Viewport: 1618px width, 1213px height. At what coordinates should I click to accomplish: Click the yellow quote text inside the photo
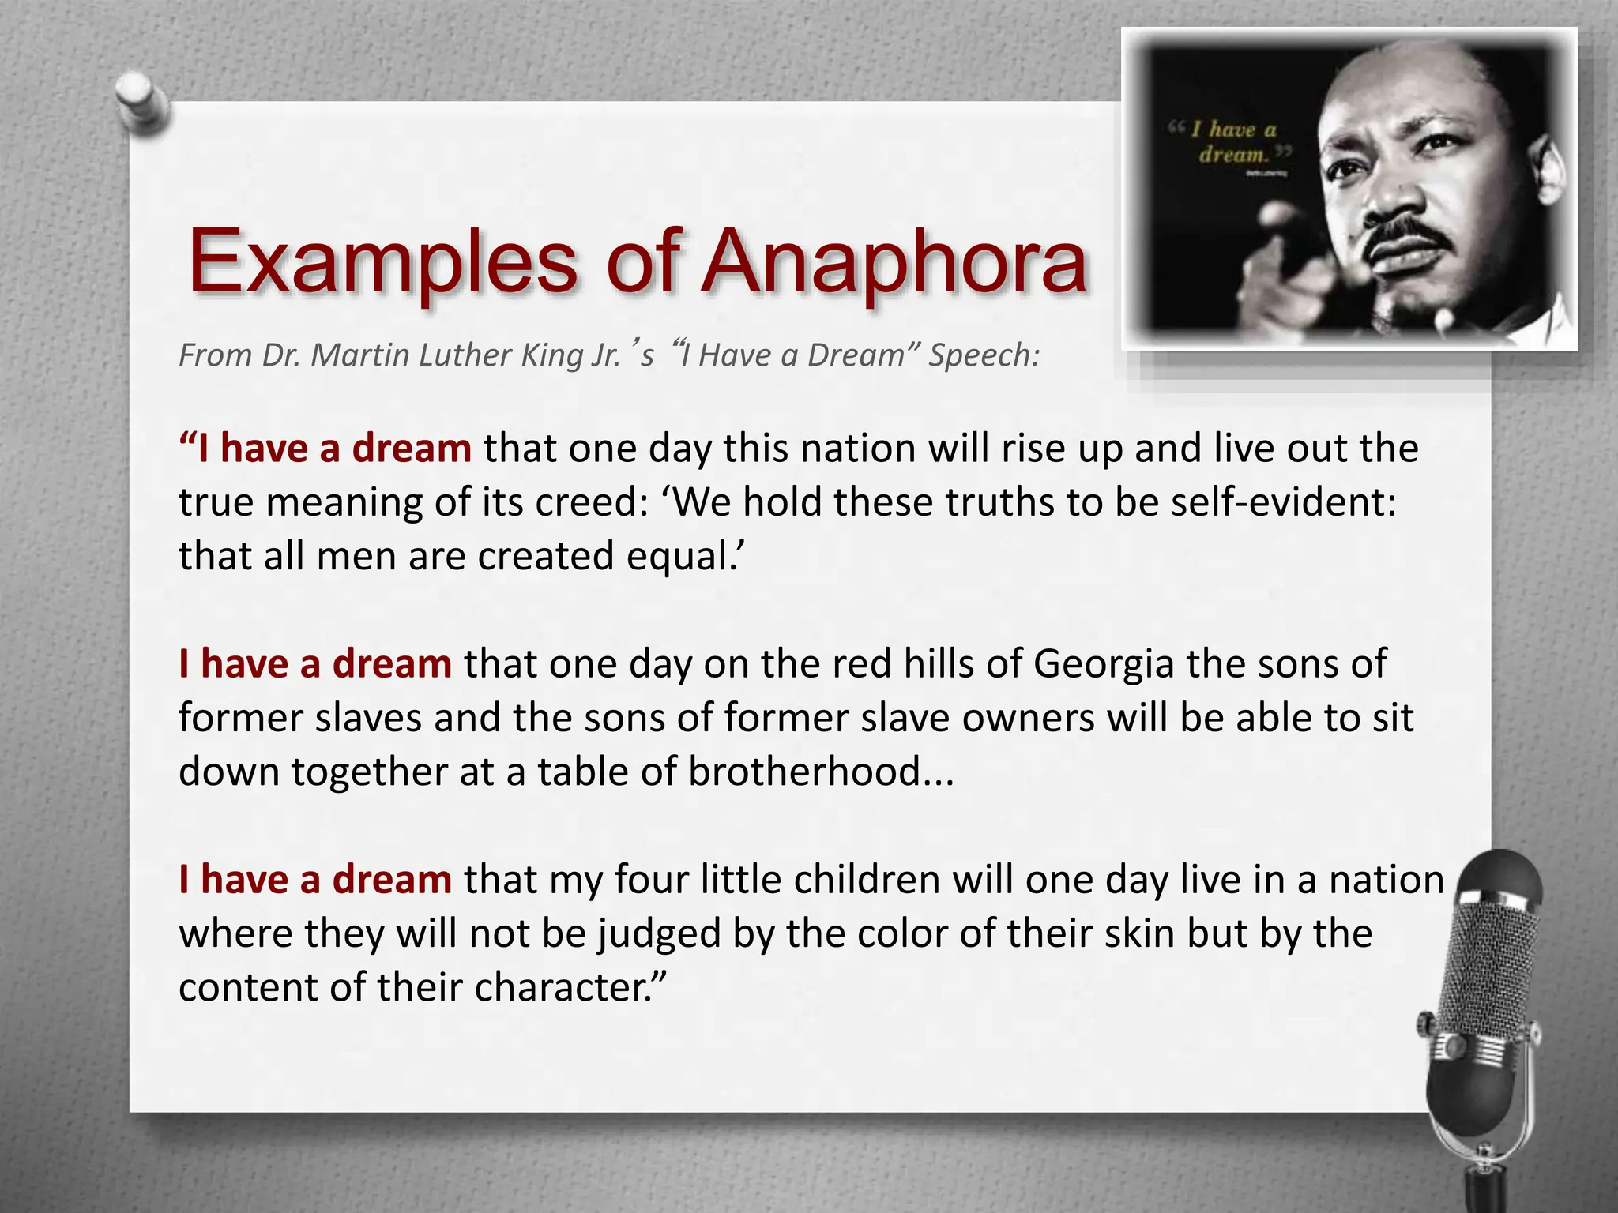point(1232,141)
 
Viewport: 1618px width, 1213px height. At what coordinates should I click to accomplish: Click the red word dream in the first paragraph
point(411,449)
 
